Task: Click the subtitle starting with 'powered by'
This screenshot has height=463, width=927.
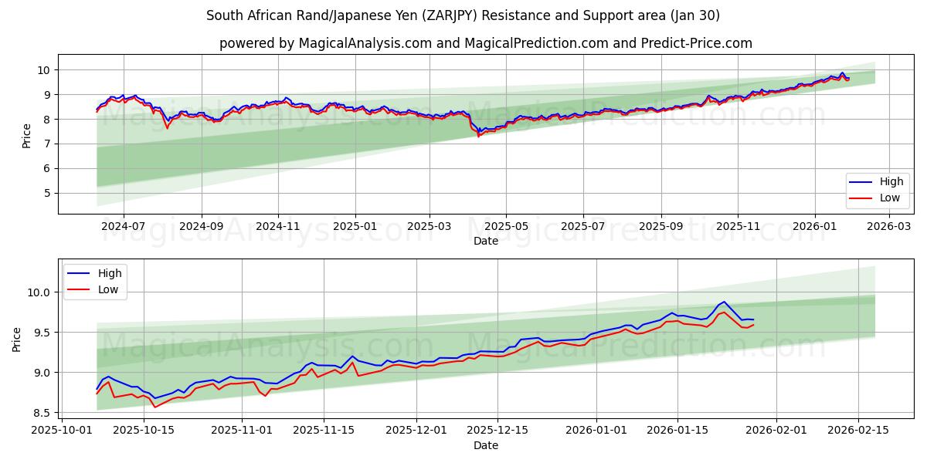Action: [485, 43]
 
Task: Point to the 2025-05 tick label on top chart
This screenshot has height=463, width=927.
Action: [506, 227]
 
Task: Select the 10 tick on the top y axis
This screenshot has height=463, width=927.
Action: [44, 70]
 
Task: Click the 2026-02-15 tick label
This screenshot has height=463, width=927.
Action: [859, 431]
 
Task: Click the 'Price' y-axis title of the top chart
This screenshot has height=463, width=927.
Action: [27, 135]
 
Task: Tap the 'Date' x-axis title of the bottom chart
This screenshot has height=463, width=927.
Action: [485, 445]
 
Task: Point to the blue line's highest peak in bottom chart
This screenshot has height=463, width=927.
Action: [724, 302]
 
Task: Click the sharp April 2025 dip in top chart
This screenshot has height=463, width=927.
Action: [478, 135]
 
